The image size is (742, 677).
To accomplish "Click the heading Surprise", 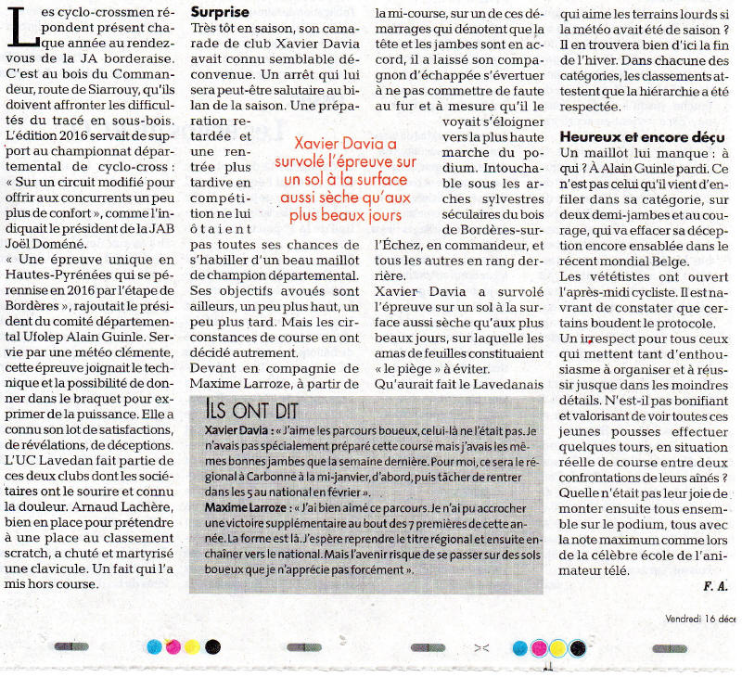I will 220,13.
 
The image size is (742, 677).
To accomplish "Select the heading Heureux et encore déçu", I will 642,136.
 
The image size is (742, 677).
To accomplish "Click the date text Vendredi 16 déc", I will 700,619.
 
